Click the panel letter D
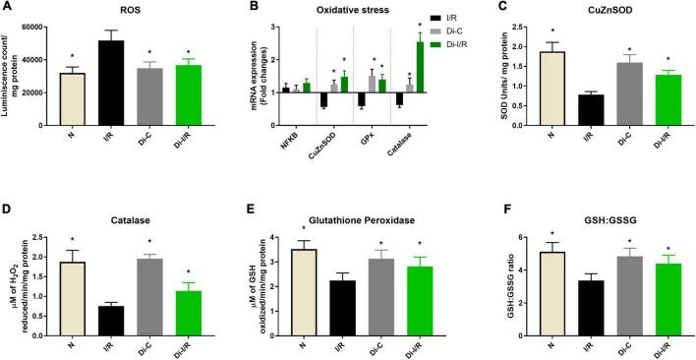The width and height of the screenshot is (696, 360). pos(10,222)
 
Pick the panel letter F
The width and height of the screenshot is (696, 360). pos(481,222)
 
